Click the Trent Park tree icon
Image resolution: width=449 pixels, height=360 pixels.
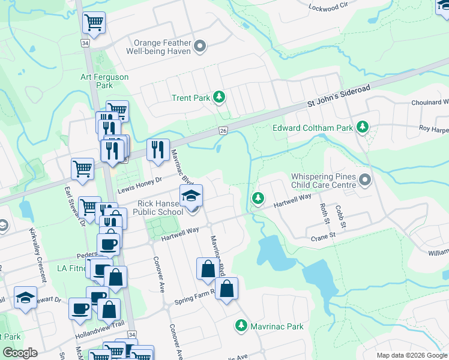(x=220, y=97)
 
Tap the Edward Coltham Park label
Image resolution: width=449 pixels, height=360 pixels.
(x=312, y=127)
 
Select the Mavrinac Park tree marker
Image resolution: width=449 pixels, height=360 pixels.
(x=241, y=326)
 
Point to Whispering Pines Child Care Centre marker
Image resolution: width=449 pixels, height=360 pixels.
(x=364, y=180)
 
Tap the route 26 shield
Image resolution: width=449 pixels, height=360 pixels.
(x=223, y=130)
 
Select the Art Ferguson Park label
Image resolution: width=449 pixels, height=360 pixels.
(x=97, y=81)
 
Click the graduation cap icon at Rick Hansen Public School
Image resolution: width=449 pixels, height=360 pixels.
(x=191, y=195)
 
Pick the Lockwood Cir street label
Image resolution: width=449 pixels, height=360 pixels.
(x=328, y=7)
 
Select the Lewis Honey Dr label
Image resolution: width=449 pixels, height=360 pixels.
(x=139, y=184)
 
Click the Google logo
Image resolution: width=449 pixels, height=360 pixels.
(x=20, y=353)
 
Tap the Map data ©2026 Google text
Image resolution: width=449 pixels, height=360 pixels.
(x=412, y=355)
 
